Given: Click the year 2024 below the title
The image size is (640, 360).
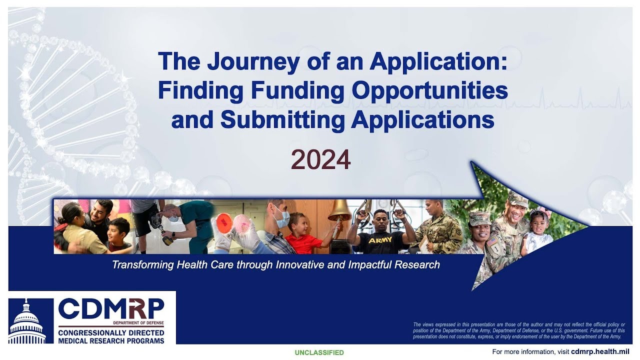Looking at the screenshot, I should pyautogui.click(x=320, y=160).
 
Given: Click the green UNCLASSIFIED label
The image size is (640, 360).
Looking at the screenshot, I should pyautogui.click(x=319, y=352).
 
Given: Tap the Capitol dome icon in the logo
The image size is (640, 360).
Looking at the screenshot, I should pyautogui.click(x=27, y=322).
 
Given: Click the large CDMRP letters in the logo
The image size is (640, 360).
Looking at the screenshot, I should pyautogui.click(x=111, y=309).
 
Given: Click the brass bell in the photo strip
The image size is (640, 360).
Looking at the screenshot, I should pyautogui.click(x=339, y=210).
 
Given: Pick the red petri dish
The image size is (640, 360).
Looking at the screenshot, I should pyautogui.click(x=225, y=221).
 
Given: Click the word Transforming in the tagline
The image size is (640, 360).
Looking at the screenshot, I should pyautogui.click(x=142, y=264).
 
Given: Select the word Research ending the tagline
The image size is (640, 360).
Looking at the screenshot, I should pyautogui.click(x=417, y=264).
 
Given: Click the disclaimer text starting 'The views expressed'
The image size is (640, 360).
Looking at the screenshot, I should pyautogui.click(x=518, y=330).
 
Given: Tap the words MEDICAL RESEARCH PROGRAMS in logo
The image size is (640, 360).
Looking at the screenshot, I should pyautogui.click(x=111, y=340).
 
